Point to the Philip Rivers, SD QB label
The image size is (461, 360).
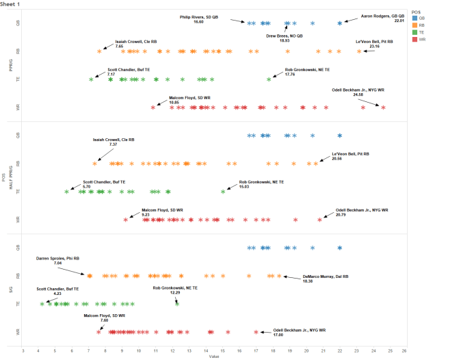tap(199, 18)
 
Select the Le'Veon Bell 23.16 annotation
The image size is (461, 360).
tap(374, 44)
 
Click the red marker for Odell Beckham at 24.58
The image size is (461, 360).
tap(383, 107)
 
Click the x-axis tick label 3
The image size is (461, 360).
tap(23, 350)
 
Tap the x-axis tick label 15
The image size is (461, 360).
tap(223, 350)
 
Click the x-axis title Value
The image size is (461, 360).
tap(214, 357)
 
